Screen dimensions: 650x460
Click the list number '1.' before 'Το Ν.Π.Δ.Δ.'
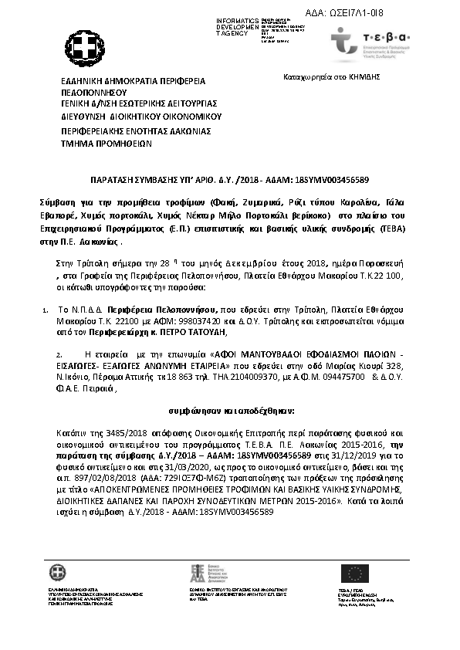tap(44, 308)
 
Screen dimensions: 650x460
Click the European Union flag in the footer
tap(356, 572)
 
